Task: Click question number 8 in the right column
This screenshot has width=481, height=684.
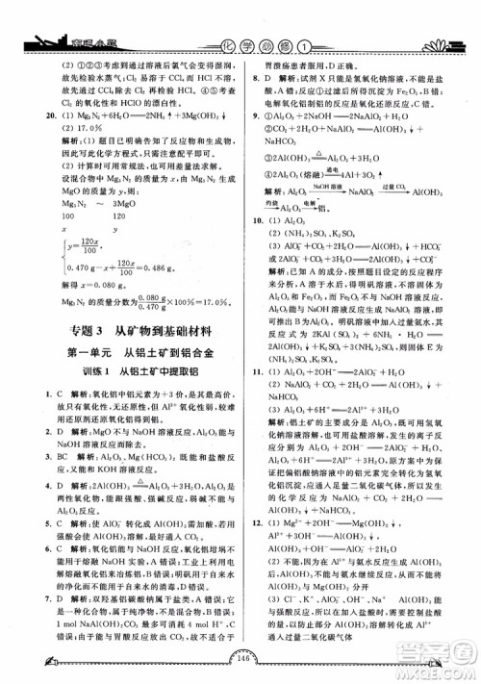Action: point(255,89)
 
